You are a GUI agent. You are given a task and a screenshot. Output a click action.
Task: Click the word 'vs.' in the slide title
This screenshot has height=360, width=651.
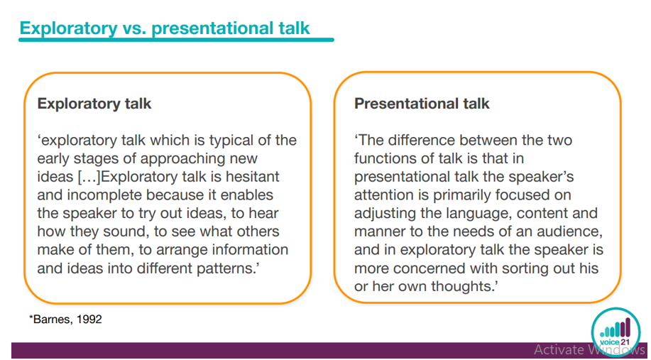(134, 28)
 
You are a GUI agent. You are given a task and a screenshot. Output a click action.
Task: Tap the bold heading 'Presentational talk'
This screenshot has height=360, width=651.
(422, 104)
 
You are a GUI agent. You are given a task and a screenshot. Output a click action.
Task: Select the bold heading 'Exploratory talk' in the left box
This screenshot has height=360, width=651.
(94, 104)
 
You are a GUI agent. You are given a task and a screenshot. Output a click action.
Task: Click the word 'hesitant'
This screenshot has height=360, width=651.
(253, 177)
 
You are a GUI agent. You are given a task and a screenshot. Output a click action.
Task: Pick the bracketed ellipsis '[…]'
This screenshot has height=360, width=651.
(89, 177)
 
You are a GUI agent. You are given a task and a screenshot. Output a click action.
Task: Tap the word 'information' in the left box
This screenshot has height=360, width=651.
(250, 249)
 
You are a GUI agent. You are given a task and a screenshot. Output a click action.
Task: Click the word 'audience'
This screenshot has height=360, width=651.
(569, 231)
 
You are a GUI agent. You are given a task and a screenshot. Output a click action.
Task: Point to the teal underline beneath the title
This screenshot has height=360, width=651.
(176, 40)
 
